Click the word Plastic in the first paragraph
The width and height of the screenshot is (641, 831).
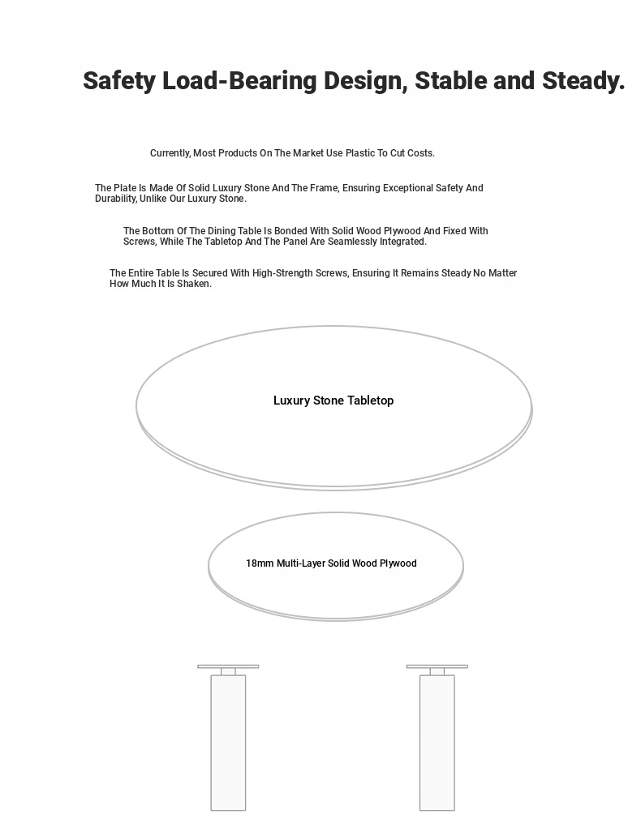360,153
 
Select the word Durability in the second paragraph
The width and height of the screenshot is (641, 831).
115,199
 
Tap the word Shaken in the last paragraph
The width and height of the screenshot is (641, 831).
194,284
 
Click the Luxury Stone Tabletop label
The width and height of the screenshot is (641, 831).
333,401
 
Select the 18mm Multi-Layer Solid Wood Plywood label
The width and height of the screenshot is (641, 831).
331,563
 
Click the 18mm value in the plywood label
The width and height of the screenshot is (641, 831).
260,563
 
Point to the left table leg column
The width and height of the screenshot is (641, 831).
228,742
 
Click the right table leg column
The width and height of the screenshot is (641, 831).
437,742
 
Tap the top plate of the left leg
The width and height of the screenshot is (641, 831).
228,666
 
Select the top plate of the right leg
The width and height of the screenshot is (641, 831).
437,666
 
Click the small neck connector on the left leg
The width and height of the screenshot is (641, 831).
228,672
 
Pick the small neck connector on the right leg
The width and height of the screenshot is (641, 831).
437,672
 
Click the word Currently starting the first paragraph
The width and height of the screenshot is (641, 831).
170,153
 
